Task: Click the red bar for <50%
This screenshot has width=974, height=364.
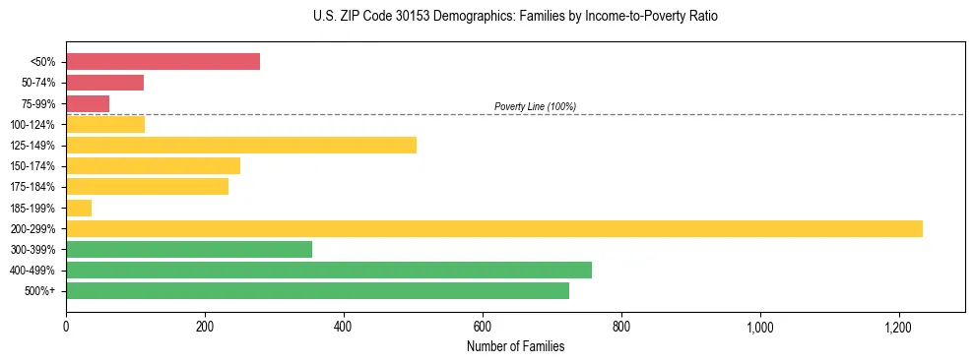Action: (x=162, y=62)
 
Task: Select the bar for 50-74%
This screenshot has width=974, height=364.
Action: (x=104, y=83)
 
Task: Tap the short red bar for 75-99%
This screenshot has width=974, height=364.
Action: (x=88, y=103)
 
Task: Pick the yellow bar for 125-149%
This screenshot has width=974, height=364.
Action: (x=241, y=146)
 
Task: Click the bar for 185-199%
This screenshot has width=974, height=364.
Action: (x=79, y=208)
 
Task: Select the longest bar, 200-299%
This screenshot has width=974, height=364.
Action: (x=493, y=228)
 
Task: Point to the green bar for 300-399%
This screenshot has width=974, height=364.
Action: (x=189, y=249)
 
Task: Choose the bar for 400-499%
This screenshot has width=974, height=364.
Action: (x=329, y=270)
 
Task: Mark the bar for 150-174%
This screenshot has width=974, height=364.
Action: (x=153, y=166)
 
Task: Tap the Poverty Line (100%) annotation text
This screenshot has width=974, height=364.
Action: (x=535, y=106)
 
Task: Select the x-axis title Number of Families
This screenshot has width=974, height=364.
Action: (x=515, y=346)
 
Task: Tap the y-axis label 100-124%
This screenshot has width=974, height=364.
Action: (x=32, y=125)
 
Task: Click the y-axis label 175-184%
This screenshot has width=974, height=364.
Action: (x=32, y=187)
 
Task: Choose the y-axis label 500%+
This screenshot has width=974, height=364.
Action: (x=39, y=291)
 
